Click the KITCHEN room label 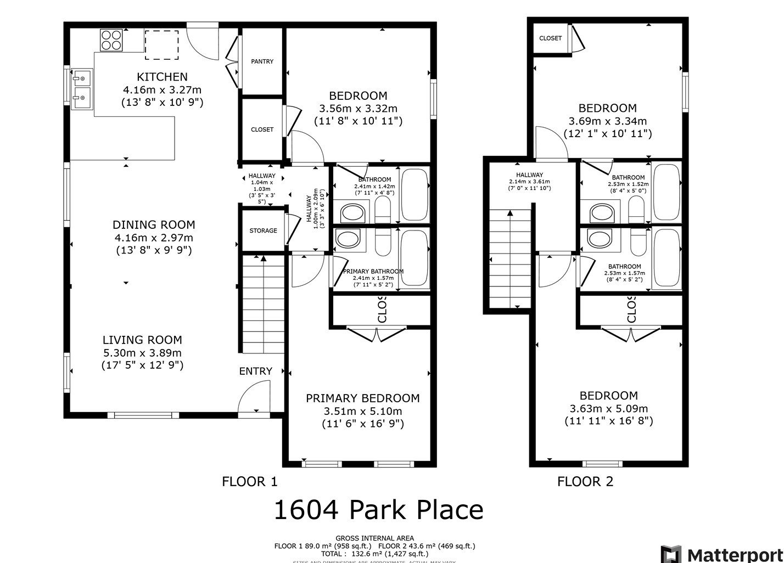point(162,77)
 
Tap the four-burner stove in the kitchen point(111,40)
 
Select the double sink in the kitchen point(81,88)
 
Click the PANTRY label point(262,61)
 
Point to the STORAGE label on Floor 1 point(263,230)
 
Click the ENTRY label point(255,371)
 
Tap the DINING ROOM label point(154,224)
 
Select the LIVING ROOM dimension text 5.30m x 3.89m point(142,353)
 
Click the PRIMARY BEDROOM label point(362,398)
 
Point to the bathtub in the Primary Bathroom point(415,258)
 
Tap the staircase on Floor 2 point(510,258)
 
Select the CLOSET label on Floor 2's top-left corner point(550,38)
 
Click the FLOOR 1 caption point(250,482)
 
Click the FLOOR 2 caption point(585,482)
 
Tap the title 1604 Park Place point(378,510)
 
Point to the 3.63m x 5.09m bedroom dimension point(608,409)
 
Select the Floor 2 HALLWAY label point(529,175)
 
